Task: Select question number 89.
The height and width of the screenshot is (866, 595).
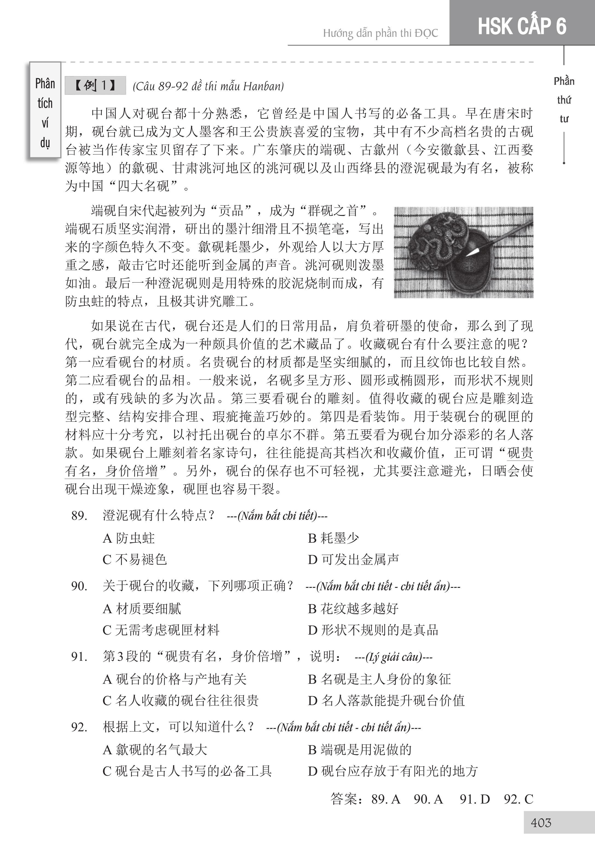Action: (x=79, y=516)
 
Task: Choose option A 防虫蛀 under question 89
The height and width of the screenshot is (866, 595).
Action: (x=129, y=538)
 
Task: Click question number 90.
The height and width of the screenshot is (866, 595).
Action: (x=79, y=586)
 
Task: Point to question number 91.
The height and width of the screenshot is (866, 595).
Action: (x=79, y=656)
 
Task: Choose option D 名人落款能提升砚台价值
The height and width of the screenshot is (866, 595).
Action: (x=386, y=701)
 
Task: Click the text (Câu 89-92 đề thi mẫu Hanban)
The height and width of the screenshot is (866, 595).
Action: (x=208, y=86)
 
